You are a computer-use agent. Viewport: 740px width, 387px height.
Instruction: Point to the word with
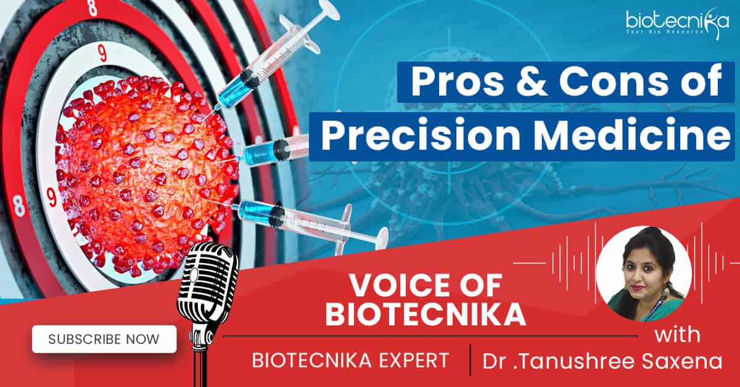tap(677, 335)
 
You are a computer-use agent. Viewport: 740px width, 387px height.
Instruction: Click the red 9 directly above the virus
tap(102, 53)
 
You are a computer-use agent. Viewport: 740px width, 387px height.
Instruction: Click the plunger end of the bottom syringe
tap(382, 237)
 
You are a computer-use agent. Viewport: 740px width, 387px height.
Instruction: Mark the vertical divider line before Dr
tap(471, 360)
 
